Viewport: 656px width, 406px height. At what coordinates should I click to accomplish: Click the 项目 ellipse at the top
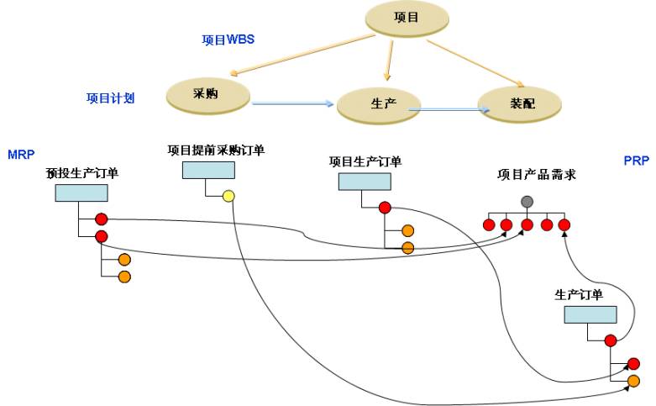[407, 18]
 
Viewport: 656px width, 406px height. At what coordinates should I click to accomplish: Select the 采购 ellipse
[207, 94]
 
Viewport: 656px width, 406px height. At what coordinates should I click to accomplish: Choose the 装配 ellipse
[519, 104]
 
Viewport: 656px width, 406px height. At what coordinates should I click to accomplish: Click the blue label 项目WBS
[228, 40]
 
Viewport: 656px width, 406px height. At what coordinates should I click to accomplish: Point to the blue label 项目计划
[110, 98]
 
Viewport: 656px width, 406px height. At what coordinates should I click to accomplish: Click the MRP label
[20, 155]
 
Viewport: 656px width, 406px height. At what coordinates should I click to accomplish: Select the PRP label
[636, 161]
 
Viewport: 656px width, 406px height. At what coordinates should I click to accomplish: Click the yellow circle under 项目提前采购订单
[228, 197]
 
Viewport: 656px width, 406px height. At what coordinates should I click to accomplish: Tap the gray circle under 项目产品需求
[527, 202]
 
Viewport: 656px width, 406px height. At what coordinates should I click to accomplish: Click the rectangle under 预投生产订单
[81, 192]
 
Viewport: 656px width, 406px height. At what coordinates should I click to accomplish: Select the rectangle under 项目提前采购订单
[208, 171]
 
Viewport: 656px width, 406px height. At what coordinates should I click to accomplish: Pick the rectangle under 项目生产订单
[365, 182]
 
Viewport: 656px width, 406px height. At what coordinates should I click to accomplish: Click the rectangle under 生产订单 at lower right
[590, 314]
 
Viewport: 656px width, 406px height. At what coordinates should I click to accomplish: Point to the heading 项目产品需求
[536, 175]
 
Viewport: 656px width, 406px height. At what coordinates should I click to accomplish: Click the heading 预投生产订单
[82, 173]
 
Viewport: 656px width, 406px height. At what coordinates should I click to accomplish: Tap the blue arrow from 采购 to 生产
[292, 103]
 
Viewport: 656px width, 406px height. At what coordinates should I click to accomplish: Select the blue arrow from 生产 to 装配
[448, 109]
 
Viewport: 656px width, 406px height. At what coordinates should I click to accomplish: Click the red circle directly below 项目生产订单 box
[385, 208]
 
